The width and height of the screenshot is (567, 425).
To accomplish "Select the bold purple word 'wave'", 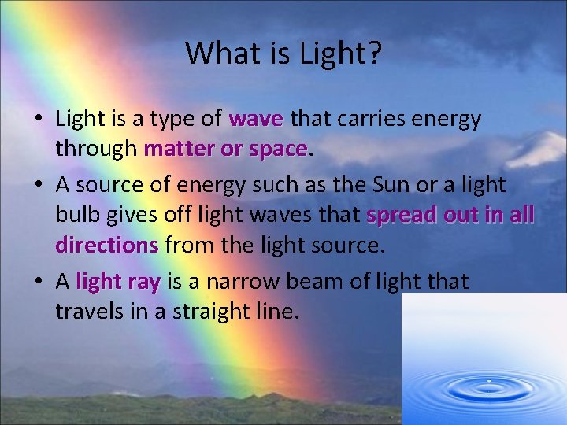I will [x=256, y=119].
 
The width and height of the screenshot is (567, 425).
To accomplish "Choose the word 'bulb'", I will [x=78, y=215].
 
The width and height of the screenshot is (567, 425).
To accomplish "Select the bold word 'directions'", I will [x=107, y=245].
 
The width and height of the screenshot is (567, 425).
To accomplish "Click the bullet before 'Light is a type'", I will [x=38, y=120].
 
